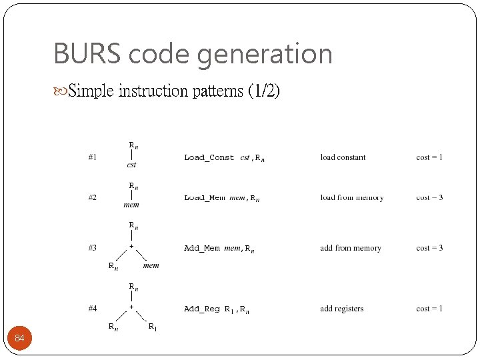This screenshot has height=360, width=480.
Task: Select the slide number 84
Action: coord(19,339)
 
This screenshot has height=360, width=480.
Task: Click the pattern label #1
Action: coord(93,157)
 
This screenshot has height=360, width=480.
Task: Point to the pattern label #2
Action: coord(93,197)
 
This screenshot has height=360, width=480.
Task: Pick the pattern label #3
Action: coord(93,248)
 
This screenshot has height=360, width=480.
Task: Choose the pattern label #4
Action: coord(93,309)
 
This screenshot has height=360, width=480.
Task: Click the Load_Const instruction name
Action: coord(209,158)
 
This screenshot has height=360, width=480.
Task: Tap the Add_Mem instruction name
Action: coord(201,248)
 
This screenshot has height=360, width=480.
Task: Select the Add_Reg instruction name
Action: coord(201,309)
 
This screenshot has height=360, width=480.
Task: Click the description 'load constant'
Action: coord(343,157)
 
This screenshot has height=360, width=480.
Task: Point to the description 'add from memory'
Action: coord(351,248)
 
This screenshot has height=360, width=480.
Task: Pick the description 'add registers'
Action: coord(342,309)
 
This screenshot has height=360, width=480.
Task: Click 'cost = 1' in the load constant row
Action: coord(429,157)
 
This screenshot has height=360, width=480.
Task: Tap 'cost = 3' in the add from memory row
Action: coord(429,248)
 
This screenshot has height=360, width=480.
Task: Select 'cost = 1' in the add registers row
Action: coord(429,309)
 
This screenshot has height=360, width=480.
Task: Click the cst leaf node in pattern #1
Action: coord(131,165)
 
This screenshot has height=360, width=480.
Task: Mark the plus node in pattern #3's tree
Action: coord(132,247)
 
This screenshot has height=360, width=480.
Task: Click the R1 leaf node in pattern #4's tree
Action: coord(152,327)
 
